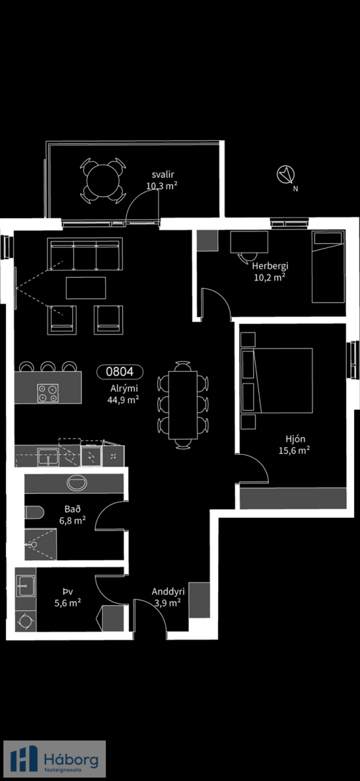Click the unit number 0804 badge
pyautogui.click(x=120, y=372)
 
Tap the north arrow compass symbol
pyautogui.click(x=286, y=174)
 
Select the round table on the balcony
pyautogui.click(x=103, y=181)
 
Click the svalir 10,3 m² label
pyautogui.click(x=162, y=180)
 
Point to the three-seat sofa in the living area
pyautogui.click(x=85, y=254)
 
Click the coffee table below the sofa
pyautogui.click(x=86, y=288)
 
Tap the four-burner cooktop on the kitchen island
pyautogui.click(x=48, y=393)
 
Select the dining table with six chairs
pyautogui.click(x=183, y=405)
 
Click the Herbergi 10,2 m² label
pyautogui.click(x=270, y=271)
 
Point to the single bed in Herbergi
pyautogui.click(x=328, y=266)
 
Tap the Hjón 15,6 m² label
pyautogui.click(x=294, y=445)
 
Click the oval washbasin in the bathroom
pyautogui.click(x=77, y=483)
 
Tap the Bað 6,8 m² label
pyautogui.click(x=72, y=515)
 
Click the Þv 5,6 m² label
pyautogui.click(x=68, y=597)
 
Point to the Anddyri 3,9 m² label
pyautogui.click(x=168, y=597)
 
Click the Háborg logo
pyautogui.click(x=55, y=759)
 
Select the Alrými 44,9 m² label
pyautogui.click(x=124, y=394)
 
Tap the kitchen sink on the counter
pyautogui.click(x=48, y=456)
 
